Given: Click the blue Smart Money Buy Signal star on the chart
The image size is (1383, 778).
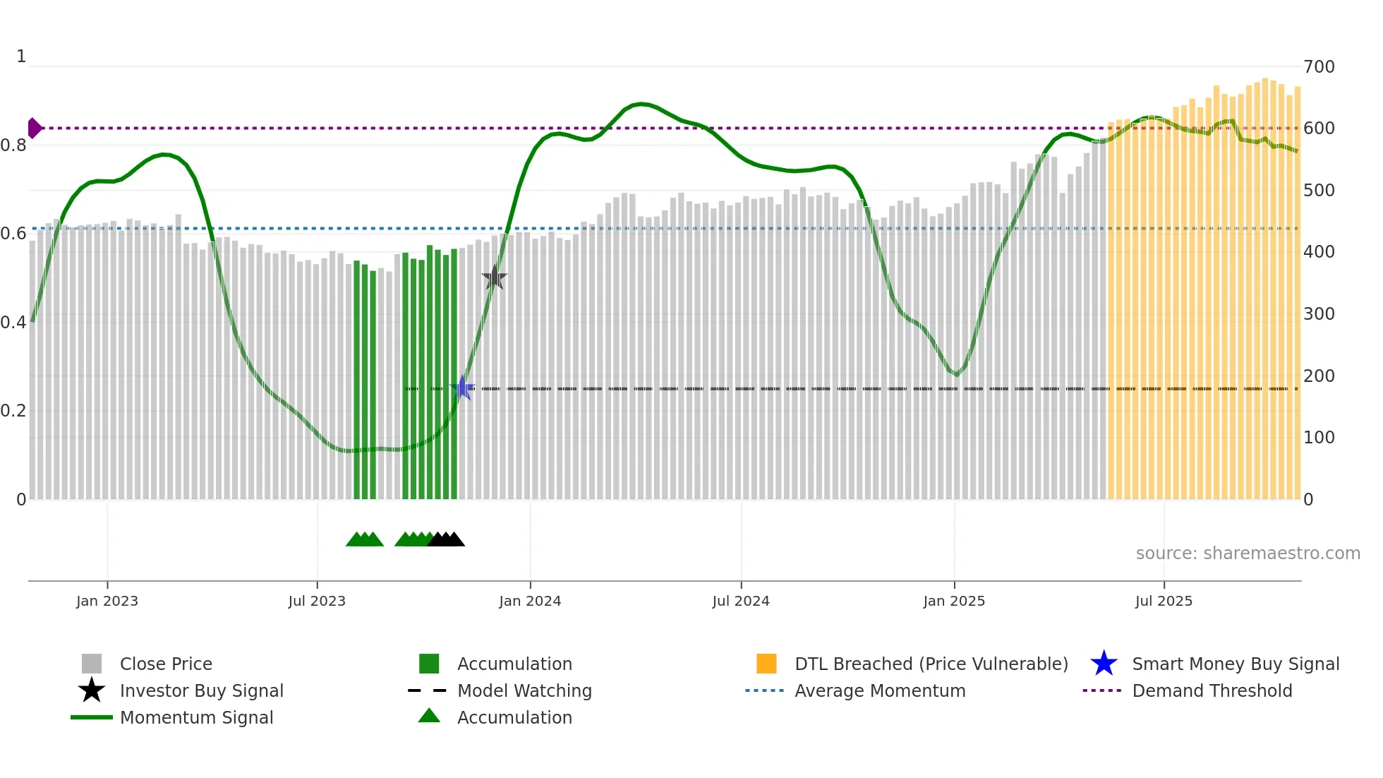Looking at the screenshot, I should coord(462,388).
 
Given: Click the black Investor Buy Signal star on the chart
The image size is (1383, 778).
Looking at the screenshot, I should coord(495,277).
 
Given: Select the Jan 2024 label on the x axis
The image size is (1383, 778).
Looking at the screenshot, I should coord(530,601).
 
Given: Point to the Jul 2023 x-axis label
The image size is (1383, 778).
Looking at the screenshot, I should coord(317,601).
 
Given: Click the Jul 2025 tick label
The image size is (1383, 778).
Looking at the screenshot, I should coord(1164,601).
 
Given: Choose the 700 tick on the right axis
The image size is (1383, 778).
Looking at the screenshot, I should coord(1319,67).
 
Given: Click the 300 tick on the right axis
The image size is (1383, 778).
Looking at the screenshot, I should coord(1319,314).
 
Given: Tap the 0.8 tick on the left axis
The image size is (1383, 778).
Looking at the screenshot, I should coord(13,145).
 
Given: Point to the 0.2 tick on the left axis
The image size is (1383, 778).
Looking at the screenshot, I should coord(13,411).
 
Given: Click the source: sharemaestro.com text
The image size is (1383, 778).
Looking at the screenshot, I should coord(1248,553).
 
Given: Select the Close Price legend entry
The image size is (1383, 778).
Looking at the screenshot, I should coord(166,664).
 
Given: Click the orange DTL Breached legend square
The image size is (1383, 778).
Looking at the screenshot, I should coord(766,664).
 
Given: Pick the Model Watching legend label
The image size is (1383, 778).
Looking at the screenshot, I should coord(524,690).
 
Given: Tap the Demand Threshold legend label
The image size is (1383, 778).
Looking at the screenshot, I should coord(1212,690).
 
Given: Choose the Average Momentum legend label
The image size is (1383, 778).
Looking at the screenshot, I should coord(880,690).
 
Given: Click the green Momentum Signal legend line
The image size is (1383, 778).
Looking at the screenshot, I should coord(92,717).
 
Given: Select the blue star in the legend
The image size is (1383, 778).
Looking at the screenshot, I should coord(1104,664).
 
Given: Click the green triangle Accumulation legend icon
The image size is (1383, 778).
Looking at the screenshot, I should coord(429,716).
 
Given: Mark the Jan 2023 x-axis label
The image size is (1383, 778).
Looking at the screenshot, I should coord(107,601).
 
